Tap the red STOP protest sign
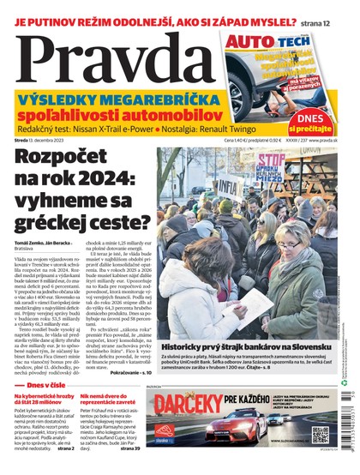pos(273,162)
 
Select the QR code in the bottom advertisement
pos(320,434)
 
